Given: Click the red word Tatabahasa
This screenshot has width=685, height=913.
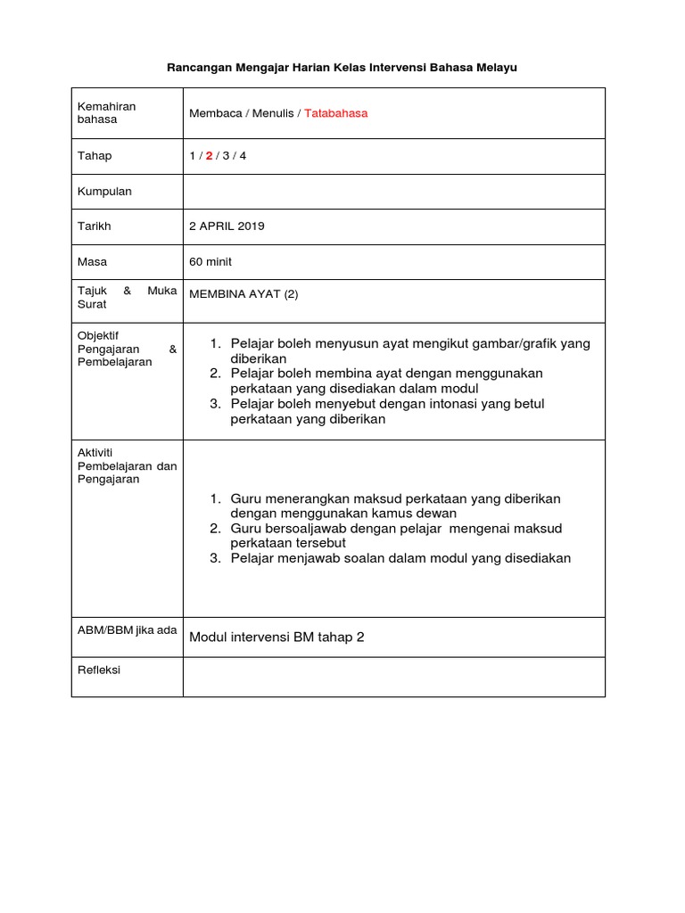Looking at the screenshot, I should point(335,113).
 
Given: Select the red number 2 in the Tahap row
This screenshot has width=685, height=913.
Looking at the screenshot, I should point(210,156).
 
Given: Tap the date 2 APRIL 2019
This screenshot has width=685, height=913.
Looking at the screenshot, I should point(227,226).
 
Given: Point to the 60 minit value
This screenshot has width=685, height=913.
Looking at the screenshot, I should point(210,262).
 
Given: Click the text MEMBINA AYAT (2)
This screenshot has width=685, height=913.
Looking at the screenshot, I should point(243,296).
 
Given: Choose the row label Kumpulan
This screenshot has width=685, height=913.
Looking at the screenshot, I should point(104,192).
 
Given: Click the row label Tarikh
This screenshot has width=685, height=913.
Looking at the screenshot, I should point(95,226).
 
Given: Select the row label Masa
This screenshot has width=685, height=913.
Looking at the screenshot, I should point(92,262).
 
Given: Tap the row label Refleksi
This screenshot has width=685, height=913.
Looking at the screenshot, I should point(99,670).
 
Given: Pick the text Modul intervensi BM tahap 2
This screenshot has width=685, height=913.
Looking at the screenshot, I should point(277,637).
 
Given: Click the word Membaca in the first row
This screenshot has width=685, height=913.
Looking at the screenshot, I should point(214,113).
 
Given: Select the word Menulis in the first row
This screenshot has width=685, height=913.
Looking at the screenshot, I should point(273,113).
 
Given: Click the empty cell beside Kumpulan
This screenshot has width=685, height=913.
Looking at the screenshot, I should point(393,192).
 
